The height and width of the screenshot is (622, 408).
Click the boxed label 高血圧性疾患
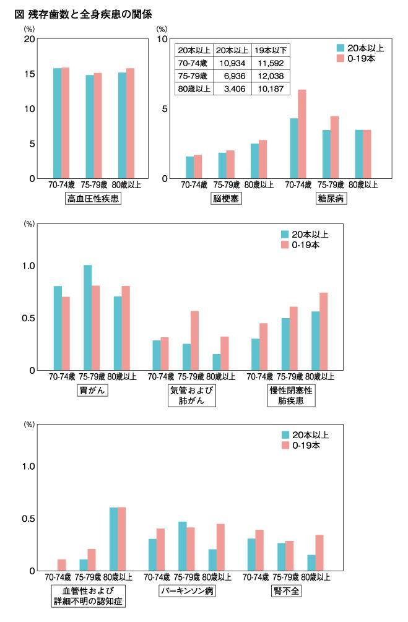pos(93,199)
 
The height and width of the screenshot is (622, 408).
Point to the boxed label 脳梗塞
pos(225,199)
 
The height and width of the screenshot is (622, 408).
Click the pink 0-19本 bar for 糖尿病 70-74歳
pos(302,134)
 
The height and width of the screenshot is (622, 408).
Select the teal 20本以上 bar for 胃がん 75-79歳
pos(88,317)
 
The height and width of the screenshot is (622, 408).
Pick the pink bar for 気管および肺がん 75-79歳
pos(194,340)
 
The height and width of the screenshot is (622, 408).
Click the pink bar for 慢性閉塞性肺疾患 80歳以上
pos(323,331)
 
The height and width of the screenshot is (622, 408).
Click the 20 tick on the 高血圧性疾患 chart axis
pos(28,39)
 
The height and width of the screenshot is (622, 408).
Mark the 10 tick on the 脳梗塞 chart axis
pos(163,39)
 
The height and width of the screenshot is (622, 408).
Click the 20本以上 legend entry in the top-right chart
pos(360,48)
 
